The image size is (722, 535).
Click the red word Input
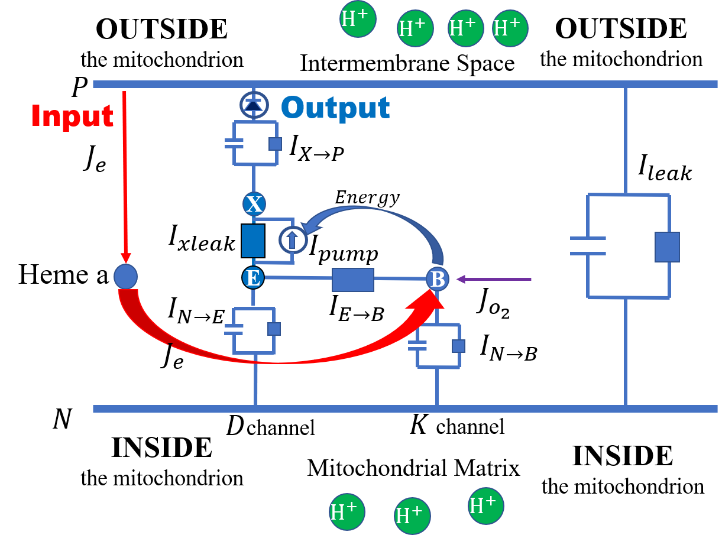click(x=72, y=116)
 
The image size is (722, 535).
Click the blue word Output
click(x=335, y=108)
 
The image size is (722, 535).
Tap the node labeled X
click(x=254, y=205)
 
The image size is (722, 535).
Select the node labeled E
click(x=253, y=277)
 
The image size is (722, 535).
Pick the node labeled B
click(x=438, y=279)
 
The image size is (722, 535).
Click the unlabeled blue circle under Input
click(x=125, y=277)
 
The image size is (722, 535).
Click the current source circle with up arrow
click(x=293, y=240)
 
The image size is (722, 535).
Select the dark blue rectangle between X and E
click(x=253, y=241)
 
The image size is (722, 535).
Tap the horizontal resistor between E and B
click(x=352, y=280)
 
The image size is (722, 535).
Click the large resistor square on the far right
click(x=667, y=247)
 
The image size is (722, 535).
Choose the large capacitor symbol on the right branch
click(x=588, y=246)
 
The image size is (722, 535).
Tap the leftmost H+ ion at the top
click(x=358, y=19)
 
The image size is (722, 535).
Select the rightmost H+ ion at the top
click(x=510, y=28)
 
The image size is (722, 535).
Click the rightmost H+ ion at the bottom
click(x=485, y=505)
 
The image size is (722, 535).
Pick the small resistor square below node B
click(x=458, y=346)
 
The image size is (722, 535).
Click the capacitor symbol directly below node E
click(x=234, y=329)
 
